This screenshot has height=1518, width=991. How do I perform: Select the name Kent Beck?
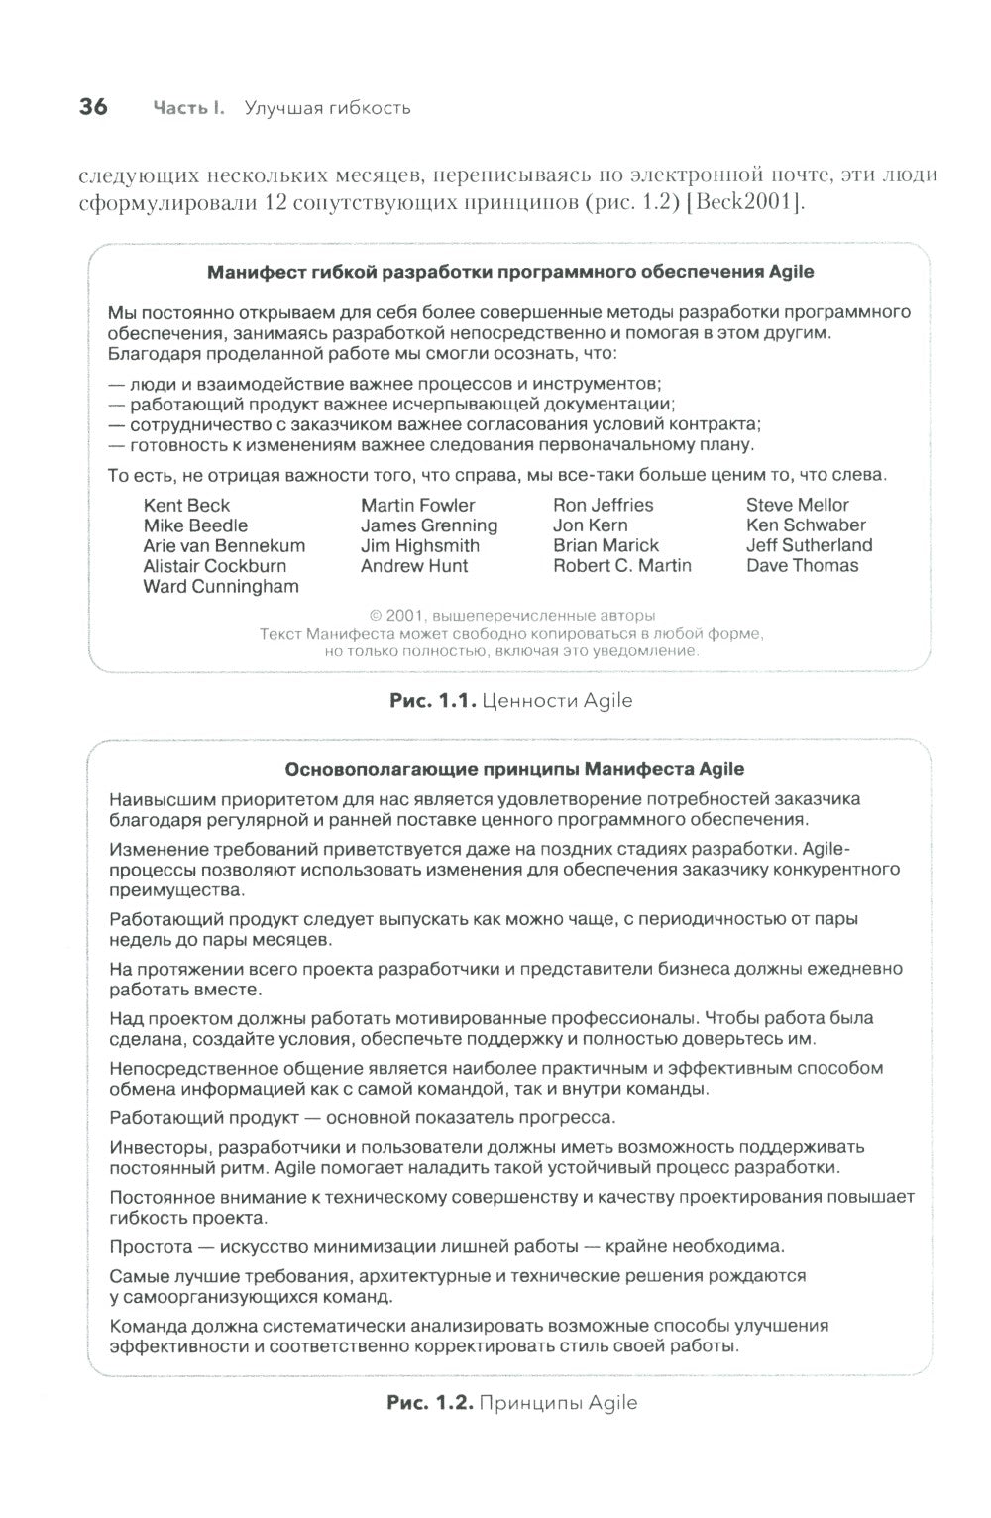186,506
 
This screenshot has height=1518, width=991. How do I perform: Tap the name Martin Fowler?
417,506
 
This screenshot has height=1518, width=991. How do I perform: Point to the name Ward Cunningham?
220,586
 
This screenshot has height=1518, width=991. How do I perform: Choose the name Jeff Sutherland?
809,545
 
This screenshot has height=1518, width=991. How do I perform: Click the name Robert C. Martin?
621,566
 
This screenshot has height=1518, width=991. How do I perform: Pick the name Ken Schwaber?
806,525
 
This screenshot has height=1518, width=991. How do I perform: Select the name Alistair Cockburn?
214,566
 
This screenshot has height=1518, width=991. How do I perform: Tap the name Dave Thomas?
802,566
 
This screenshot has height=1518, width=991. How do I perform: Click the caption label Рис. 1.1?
434,701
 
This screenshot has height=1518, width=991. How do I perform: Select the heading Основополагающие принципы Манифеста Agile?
513,769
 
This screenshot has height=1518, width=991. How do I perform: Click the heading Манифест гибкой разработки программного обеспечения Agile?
509,272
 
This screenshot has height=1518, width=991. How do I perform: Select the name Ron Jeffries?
603,506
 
